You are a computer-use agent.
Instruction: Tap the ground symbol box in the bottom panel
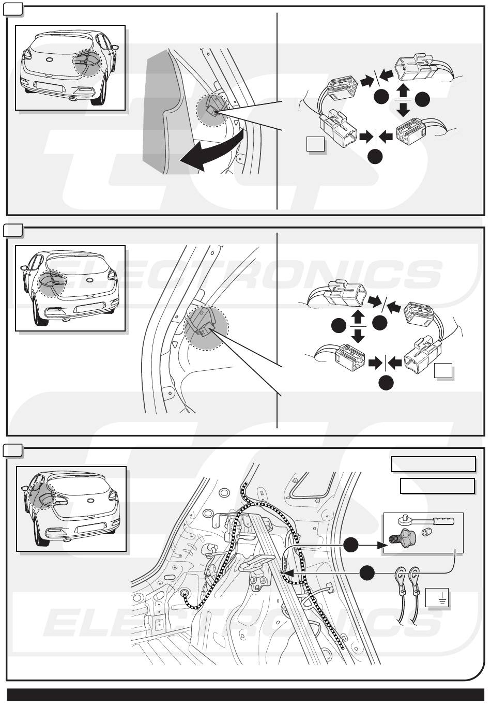point(437,597)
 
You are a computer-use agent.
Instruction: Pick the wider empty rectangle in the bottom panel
point(434,464)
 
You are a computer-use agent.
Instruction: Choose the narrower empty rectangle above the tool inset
point(437,486)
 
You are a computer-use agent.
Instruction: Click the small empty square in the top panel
point(315,144)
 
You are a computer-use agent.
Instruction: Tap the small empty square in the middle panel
point(443,370)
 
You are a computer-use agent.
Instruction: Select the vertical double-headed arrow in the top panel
point(403,100)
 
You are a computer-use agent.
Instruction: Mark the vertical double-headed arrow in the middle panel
point(358,326)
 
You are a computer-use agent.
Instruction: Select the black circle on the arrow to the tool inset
point(351,545)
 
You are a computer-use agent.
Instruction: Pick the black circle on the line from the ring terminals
point(367,573)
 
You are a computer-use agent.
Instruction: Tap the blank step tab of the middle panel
point(12,231)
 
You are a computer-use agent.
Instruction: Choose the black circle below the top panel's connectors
point(375,157)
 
